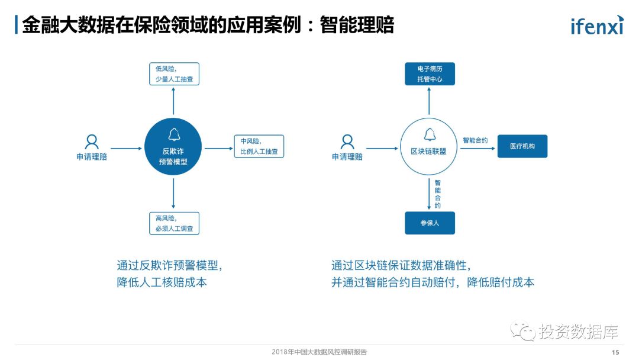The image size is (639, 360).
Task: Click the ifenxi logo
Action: click(x=596, y=25)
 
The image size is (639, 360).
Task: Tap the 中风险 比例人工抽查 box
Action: click(x=259, y=146)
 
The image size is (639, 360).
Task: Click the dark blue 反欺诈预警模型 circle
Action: click(x=173, y=146)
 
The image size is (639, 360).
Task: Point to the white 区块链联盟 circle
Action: click(x=429, y=146)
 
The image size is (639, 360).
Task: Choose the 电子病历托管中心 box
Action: click(x=430, y=73)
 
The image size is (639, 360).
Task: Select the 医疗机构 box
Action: click(x=522, y=146)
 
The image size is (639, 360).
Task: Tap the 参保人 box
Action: click(x=430, y=223)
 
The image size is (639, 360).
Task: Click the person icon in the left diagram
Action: click(x=92, y=142)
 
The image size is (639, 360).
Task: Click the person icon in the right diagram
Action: click(x=347, y=142)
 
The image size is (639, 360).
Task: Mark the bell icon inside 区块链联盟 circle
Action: click(x=429, y=134)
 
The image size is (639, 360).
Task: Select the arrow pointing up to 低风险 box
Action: click(x=173, y=101)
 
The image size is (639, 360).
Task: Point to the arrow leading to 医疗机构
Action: click(x=477, y=148)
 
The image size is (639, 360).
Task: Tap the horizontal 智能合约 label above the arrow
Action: click(x=475, y=140)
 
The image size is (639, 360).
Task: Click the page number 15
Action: click(x=615, y=352)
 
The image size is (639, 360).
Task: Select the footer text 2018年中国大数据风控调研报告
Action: click(x=319, y=352)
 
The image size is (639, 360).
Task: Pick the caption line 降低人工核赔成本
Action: click(x=162, y=282)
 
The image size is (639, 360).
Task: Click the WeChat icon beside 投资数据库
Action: click(x=524, y=331)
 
